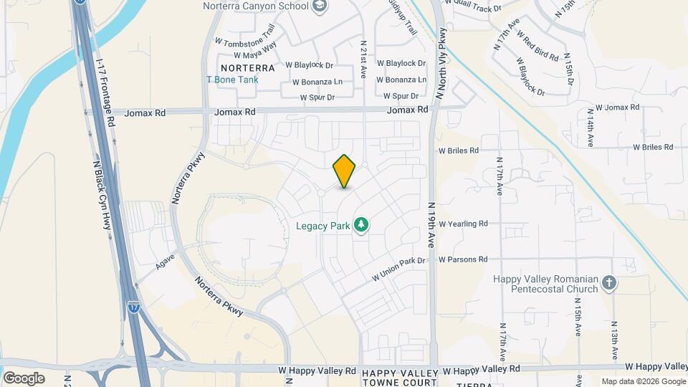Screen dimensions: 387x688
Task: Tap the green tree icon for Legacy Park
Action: [x=362, y=226]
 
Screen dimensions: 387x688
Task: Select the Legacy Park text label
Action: [x=323, y=226]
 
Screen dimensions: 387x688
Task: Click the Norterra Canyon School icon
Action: [x=320, y=6]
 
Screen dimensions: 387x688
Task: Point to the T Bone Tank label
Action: [x=231, y=80]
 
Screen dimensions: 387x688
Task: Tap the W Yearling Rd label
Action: [x=463, y=224]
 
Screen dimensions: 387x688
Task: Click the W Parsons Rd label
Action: [x=463, y=259]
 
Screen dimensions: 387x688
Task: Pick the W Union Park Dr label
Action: [x=398, y=269]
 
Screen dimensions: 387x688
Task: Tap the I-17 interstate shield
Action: [x=135, y=306]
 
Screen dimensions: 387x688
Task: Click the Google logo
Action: [x=24, y=378]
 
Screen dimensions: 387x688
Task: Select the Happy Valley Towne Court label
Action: [x=399, y=378]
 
